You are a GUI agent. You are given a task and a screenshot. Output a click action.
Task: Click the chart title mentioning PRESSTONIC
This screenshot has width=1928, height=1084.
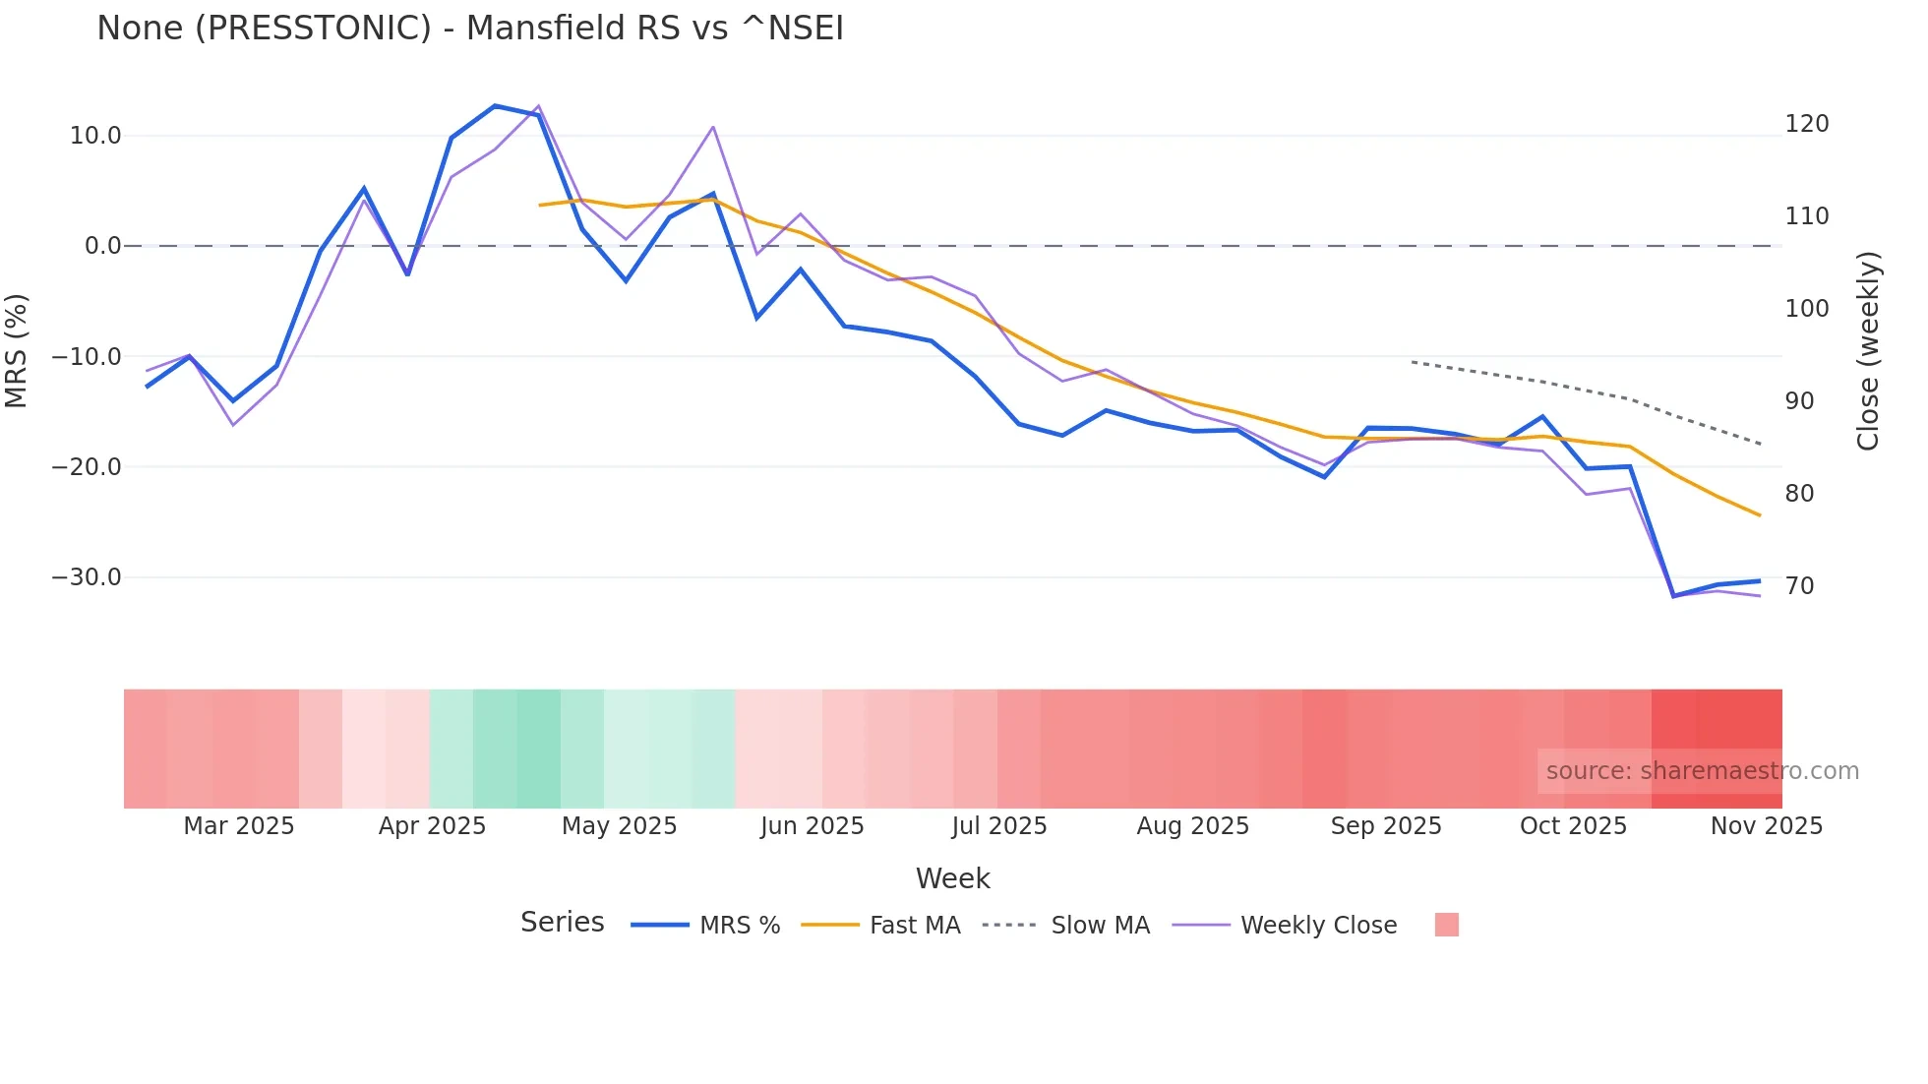(x=470, y=28)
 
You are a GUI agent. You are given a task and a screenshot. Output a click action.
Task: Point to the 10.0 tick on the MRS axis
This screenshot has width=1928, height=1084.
(x=94, y=136)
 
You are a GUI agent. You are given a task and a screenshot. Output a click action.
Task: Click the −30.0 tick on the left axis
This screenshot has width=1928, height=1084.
(x=87, y=577)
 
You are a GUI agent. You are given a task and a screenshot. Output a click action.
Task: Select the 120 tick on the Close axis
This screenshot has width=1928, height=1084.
(x=1807, y=124)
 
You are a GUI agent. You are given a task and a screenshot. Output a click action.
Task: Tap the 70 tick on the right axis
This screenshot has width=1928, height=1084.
(x=1799, y=586)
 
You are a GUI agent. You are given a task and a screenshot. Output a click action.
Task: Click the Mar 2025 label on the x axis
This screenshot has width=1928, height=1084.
(x=239, y=826)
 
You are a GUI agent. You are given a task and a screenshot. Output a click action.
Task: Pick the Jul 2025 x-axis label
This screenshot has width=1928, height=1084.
(x=999, y=826)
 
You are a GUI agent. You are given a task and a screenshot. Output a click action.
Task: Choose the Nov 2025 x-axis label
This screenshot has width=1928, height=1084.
(x=1767, y=826)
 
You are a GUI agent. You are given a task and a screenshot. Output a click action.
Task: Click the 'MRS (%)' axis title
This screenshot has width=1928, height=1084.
(x=17, y=350)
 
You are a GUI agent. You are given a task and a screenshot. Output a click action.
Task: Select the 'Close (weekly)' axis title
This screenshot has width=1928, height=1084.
(x=1868, y=351)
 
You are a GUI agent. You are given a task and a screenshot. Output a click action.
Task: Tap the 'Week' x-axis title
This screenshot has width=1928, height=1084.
(x=952, y=878)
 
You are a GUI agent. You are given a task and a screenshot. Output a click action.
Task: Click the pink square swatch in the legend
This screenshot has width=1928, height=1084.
(x=1446, y=925)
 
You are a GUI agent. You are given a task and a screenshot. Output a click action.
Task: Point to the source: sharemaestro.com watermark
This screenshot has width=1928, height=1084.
(x=1702, y=771)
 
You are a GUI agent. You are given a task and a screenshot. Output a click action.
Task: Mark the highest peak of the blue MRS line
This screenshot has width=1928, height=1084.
(x=495, y=105)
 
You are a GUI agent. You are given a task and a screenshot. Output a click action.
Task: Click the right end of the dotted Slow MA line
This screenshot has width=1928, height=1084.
(x=1760, y=445)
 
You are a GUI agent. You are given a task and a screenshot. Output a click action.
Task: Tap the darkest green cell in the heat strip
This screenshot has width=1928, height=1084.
(x=538, y=749)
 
